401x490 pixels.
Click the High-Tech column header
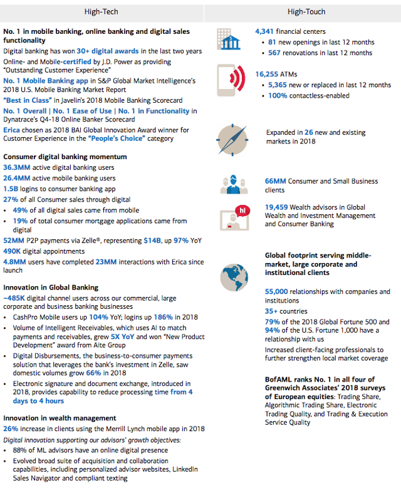[x=101, y=11]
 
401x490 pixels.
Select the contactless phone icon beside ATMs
[x=230, y=82]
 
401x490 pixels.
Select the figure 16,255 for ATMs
[x=268, y=74]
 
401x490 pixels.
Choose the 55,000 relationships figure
[x=276, y=291]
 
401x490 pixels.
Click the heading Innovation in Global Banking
[x=51, y=288]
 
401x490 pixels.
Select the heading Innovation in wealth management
[x=60, y=418]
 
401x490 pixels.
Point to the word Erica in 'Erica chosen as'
[x=13, y=130]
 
